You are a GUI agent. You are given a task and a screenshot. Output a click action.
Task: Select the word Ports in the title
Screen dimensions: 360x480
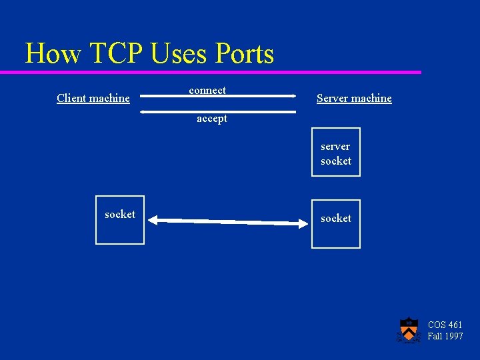click(x=243, y=53)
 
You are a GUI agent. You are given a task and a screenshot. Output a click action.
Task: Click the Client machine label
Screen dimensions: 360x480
click(x=93, y=99)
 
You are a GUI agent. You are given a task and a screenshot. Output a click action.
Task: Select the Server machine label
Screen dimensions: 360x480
click(x=354, y=99)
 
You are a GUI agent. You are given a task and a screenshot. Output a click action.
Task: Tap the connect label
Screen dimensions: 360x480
click(x=207, y=90)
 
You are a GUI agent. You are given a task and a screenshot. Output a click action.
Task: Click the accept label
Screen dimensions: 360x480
click(x=212, y=119)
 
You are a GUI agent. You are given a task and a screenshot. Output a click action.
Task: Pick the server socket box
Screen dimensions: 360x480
click(x=336, y=152)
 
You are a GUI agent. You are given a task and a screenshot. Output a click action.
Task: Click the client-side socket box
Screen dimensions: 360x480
click(x=120, y=220)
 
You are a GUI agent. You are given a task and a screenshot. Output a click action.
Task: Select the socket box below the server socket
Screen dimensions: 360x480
click(x=336, y=224)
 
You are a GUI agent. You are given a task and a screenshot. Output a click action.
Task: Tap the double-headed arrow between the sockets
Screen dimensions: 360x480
click(x=227, y=221)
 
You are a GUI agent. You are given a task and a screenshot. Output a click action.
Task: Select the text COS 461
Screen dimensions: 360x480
click(x=445, y=325)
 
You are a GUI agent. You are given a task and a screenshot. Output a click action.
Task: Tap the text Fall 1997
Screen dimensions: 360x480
click(x=445, y=337)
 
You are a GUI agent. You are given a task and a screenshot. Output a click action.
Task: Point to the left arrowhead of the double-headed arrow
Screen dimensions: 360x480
click(x=151, y=219)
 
